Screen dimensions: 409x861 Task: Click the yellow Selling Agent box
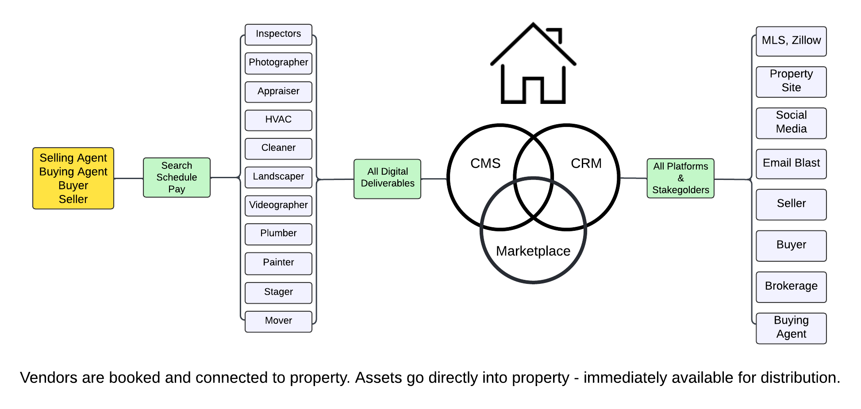point(73,178)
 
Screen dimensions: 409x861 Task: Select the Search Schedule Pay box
point(177,177)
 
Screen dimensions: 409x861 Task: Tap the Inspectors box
point(278,34)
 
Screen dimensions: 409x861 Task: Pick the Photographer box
point(278,63)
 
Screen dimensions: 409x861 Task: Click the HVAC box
point(278,120)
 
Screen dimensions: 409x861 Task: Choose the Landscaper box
point(278,177)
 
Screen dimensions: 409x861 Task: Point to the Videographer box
point(278,205)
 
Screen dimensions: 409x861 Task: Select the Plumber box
point(278,233)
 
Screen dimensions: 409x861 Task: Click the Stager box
point(278,292)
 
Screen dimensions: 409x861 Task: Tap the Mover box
point(278,321)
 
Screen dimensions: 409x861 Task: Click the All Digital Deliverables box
point(388,178)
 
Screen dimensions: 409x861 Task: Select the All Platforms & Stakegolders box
point(680,178)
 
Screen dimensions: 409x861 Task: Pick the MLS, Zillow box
point(791,41)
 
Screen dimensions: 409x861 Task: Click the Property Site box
point(791,81)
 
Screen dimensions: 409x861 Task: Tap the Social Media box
point(791,122)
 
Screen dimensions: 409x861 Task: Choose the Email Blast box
point(791,164)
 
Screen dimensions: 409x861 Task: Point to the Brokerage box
point(791,287)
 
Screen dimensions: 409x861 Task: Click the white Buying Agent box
point(791,328)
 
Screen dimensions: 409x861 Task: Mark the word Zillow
point(806,40)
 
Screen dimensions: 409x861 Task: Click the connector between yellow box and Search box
point(128,179)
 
